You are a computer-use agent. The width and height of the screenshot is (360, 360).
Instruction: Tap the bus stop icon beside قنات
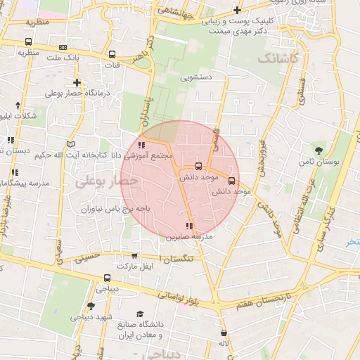[x=112, y=55]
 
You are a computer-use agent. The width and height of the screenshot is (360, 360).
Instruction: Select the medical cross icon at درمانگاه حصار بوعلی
[x=77, y=83]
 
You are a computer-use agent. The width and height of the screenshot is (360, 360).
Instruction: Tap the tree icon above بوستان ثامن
[x=319, y=150]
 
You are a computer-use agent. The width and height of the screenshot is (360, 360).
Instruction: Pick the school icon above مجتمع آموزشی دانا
[x=141, y=145]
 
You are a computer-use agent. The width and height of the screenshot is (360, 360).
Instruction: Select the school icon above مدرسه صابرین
[x=188, y=226]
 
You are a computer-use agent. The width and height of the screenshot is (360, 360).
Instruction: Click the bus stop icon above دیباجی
[x=106, y=278]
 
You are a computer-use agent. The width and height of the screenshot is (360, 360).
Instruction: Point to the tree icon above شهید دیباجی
[x=91, y=306]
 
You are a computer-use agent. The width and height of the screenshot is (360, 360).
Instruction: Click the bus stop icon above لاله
[x=224, y=333]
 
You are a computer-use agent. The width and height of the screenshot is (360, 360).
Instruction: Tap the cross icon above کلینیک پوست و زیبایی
[x=238, y=10]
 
